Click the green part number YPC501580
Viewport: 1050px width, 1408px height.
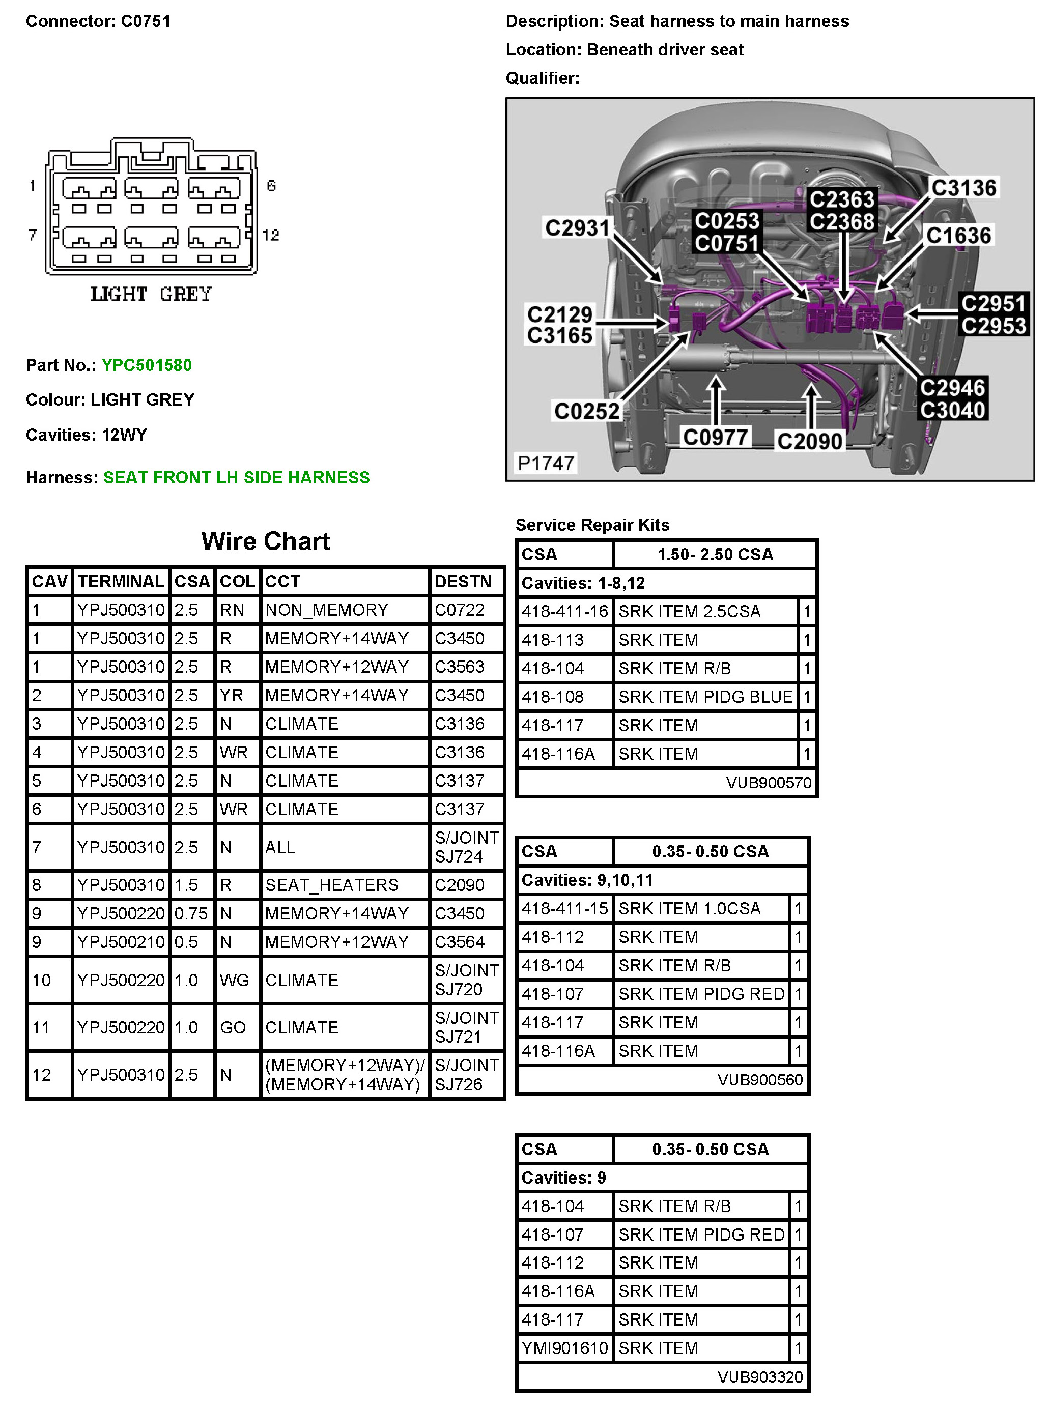[146, 365]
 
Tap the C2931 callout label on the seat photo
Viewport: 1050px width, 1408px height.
[577, 227]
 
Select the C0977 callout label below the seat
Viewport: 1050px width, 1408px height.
[715, 437]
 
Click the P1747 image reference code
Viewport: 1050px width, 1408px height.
[545, 463]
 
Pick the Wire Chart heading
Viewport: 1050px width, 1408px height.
[265, 541]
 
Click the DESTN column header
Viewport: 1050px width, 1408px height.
[463, 582]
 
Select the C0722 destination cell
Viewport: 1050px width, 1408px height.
[460, 610]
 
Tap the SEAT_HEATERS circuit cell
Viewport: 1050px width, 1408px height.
[331, 885]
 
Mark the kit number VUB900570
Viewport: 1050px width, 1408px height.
[769, 782]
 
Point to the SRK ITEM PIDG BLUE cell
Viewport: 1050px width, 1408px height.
[705, 697]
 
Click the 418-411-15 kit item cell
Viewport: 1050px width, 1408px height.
[564, 909]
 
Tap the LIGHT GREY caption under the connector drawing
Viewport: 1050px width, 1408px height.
[151, 294]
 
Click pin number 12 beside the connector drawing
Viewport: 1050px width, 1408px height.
[271, 235]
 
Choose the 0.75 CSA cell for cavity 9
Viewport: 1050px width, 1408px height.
[191, 914]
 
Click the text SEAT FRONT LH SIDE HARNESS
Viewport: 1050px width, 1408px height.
[237, 478]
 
